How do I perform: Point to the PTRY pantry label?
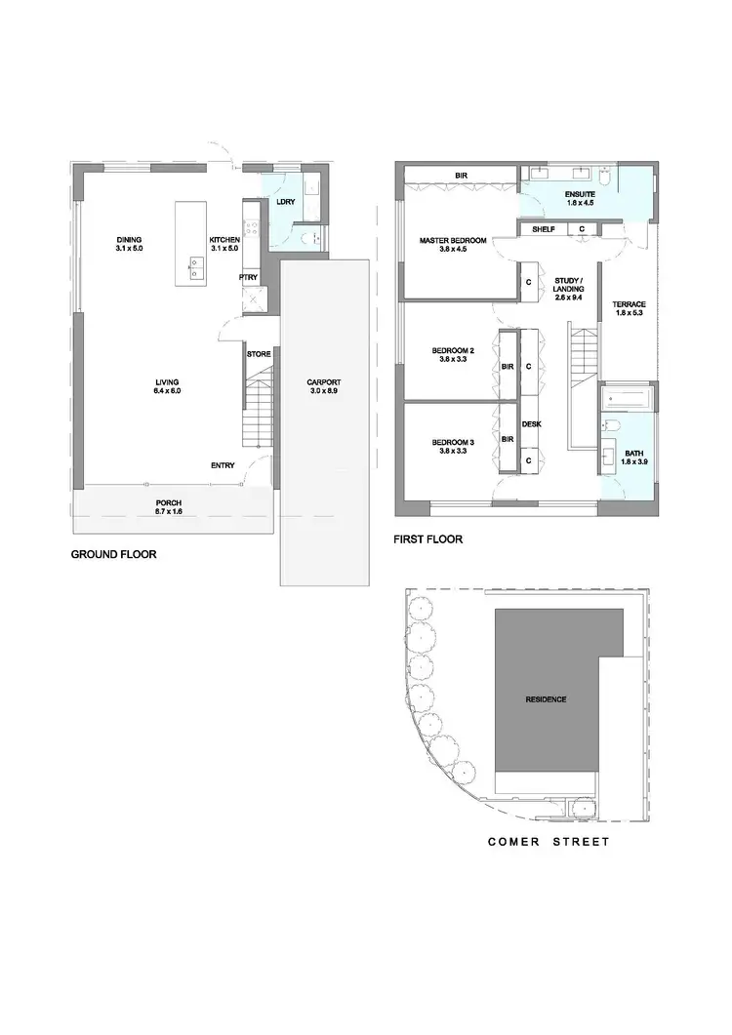(x=248, y=277)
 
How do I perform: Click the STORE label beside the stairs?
(x=259, y=354)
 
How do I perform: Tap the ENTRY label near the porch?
(x=223, y=465)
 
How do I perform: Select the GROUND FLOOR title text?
(x=113, y=554)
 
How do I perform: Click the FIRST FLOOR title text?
(x=427, y=538)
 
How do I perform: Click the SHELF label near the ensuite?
(x=544, y=229)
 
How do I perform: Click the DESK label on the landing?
(x=531, y=424)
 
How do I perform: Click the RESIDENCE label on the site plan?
(x=547, y=699)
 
